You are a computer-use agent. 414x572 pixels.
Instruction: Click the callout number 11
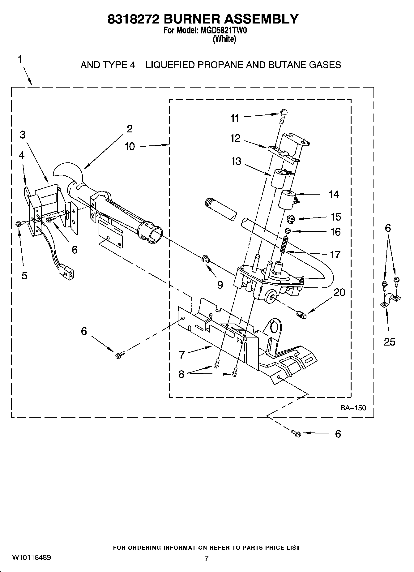(x=235, y=118)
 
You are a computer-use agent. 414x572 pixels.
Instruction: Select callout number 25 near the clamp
(x=390, y=342)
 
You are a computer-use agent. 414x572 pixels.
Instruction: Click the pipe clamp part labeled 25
(x=390, y=300)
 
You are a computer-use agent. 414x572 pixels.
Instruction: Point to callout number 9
(x=220, y=285)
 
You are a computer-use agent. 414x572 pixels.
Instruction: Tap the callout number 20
(x=339, y=292)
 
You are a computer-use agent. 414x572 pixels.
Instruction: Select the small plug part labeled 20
(x=301, y=315)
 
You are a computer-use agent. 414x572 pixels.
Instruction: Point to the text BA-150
(x=353, y=408)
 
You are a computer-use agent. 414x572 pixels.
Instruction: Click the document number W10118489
(x=32, y=557)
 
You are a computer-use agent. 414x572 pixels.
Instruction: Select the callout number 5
(x=24, y=275)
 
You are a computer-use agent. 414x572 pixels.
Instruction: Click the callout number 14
(x=334, y=194)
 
